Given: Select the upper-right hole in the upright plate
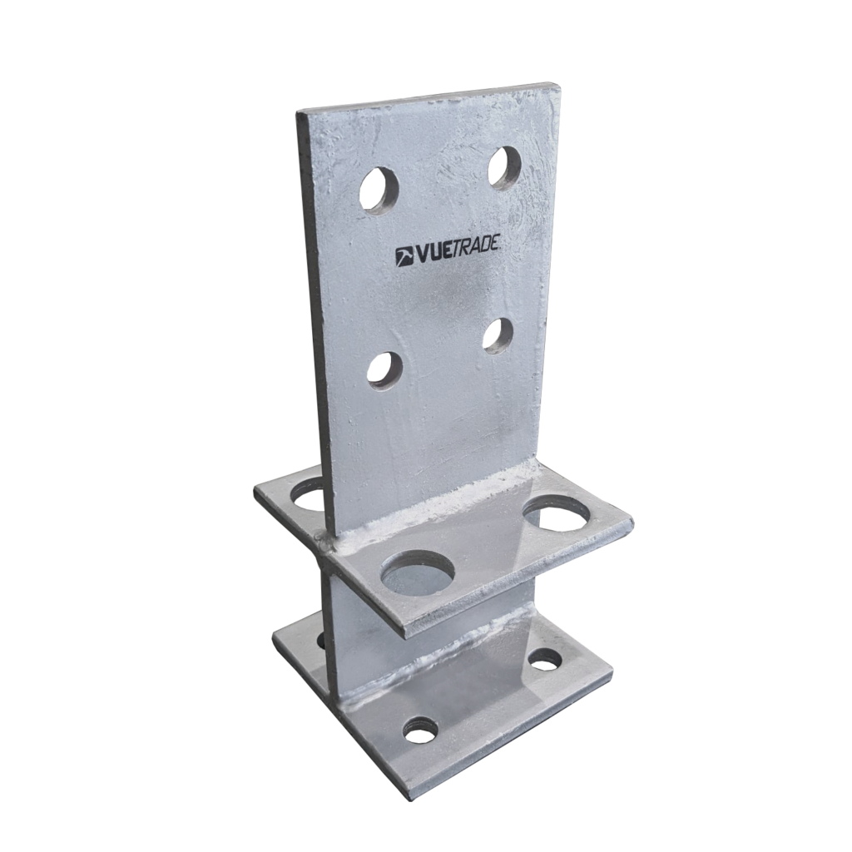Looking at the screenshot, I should pos(505,166).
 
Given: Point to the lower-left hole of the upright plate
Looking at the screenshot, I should pos(384,369).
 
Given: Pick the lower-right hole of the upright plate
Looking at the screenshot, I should pos(498,335).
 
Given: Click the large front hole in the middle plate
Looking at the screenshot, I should pos(418,574).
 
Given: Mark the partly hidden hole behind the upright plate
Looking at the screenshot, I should pos(309,497).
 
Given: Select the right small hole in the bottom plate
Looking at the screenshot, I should pos(545,660).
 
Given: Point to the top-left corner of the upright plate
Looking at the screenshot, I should pos(298,115).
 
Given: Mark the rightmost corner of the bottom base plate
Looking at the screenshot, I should pos(613,670).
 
